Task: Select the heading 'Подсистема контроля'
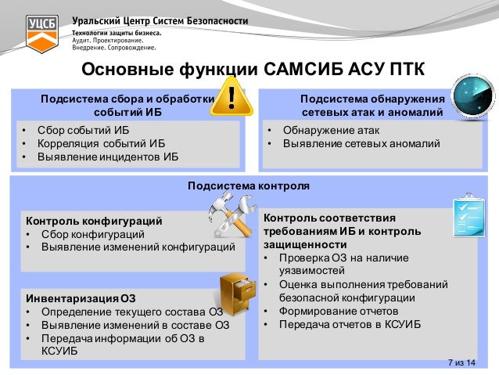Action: coord(249,186)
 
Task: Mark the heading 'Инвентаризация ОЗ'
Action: coord(81,298)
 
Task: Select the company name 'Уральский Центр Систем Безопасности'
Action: coord(160,21)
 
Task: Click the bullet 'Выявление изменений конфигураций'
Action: coord(137,247)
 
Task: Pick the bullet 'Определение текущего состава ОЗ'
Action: coord(131,312)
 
